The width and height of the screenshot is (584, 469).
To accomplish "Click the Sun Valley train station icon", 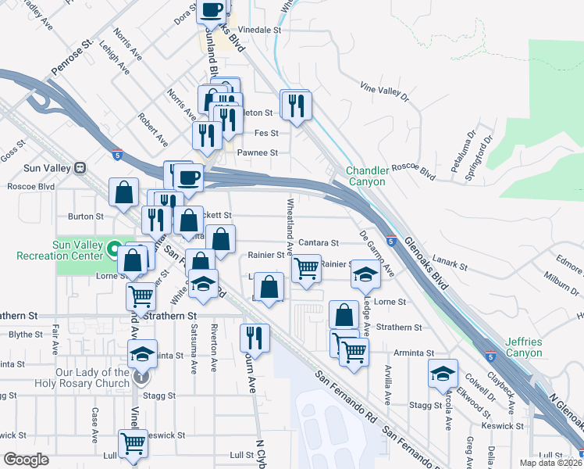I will click(x=79, y=168).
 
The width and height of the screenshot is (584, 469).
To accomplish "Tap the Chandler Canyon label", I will click(x=366, y=176).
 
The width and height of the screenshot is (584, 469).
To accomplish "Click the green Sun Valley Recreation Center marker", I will click(x=114, y=250).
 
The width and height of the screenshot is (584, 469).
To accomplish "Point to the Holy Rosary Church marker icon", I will click(x=141, y=377).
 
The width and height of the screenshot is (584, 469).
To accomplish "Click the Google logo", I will click(x=26, y=459).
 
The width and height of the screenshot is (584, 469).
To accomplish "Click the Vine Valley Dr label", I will click(x=384, y=91).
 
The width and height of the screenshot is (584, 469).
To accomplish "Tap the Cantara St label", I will click(x=319, y=243).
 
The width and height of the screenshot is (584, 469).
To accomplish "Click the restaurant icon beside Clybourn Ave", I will click(x=255, y=337).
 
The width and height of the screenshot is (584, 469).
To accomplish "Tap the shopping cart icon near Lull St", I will click(x=134, y=442).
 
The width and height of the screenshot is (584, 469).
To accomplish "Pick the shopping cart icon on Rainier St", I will click(x=306, y=268).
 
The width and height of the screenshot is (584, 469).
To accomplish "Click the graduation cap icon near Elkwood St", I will click(x=443, y=373).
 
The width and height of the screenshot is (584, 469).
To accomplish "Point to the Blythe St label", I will click(x=27, y=334).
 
